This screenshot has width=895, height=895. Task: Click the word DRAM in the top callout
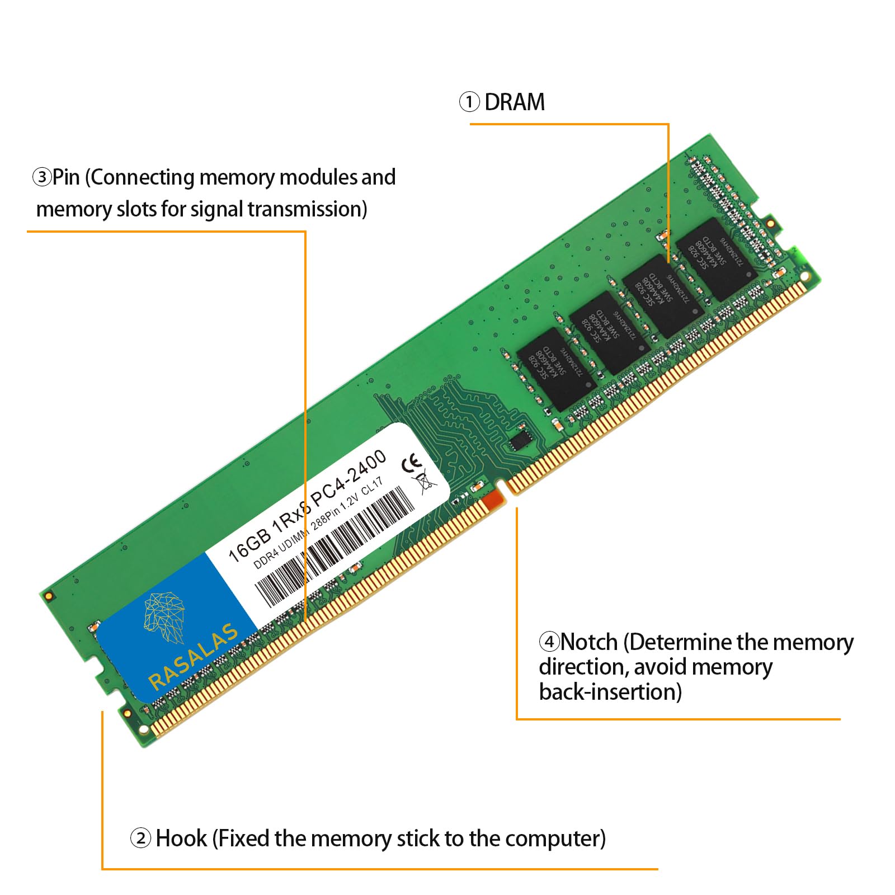(x=514, y=102)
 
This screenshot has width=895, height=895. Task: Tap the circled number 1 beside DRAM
(x=469, y=102)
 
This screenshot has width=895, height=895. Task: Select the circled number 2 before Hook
(x=140, y=839)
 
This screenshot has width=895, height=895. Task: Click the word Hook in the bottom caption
(x=181, y=839)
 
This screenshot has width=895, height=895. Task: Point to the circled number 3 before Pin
(x=42, y=178)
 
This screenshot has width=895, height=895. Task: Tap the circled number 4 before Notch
(x=549, y=642)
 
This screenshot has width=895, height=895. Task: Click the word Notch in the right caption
(x=588, y=642)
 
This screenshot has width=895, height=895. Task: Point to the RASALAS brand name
(x=193, y=656)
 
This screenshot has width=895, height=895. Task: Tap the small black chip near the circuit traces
(x=521, y=436)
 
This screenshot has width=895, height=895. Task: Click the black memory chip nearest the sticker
(x=554, y=369)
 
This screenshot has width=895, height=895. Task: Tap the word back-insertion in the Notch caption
(x=610, y=692)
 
